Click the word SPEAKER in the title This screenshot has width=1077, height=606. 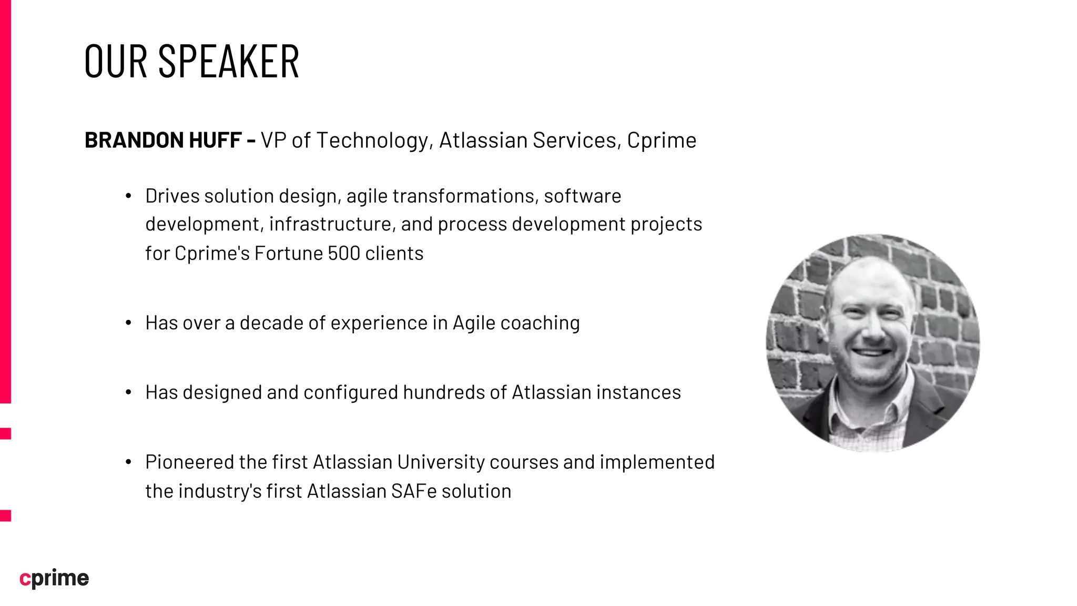pos(228,62)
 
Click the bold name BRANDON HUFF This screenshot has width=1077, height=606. pos(163,140)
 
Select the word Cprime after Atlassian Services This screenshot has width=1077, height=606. pos(662,140)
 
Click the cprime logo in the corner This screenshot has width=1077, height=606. pos(54,578)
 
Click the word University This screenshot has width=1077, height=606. pos(441,462)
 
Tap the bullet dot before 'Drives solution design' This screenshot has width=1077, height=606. pos(128,197)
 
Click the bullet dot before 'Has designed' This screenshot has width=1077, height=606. pos(128,393)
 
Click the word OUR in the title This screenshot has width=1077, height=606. pos(116,62)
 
